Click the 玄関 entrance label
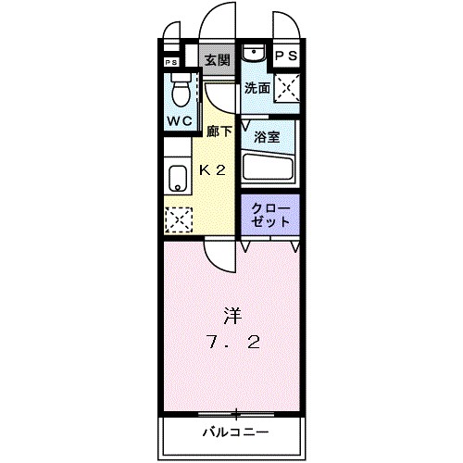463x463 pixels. [x=218, y=60]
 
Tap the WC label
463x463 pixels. [x=179, y=121]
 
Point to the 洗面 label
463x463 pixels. [x=257, y=89]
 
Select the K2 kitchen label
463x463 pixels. [x=214, y=169]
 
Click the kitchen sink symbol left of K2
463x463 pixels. [x=177, y=177]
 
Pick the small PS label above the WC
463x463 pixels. [x=170, y=62]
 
